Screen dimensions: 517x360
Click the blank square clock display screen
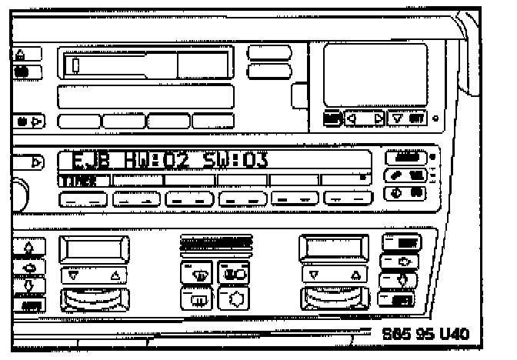coord(375,74)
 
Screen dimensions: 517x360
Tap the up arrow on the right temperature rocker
coord(355,273)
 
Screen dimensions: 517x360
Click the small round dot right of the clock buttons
coord(436,119)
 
